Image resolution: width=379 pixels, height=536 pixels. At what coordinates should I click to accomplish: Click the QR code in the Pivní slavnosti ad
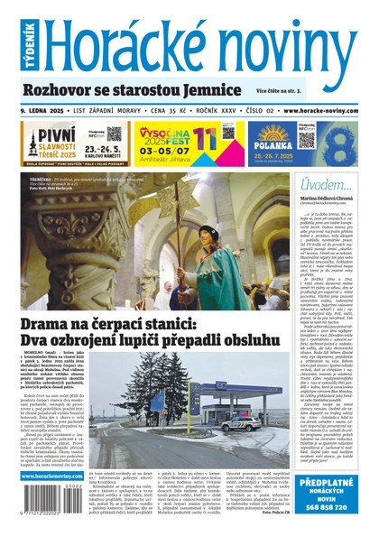[x=114, y=134]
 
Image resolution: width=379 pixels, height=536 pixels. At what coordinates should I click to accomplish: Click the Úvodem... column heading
[x=320, y=185]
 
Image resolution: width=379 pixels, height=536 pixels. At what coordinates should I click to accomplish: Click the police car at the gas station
[x=232, y=421]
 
